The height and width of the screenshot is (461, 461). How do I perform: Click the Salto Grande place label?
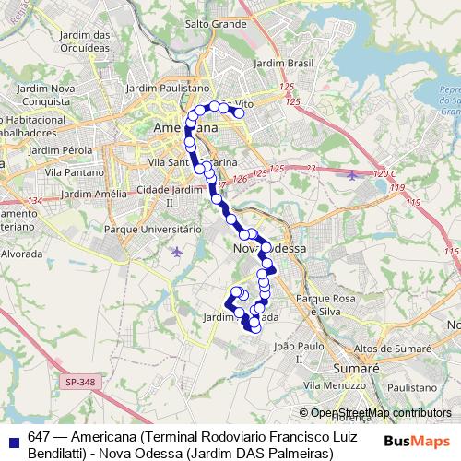point(214,24)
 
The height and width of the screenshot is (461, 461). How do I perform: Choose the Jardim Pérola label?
point(59,148)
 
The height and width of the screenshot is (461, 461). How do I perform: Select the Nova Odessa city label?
point(265,250)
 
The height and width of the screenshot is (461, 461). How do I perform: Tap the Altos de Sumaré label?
point(395,349)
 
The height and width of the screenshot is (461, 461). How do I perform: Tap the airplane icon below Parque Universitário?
point(177,251)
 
